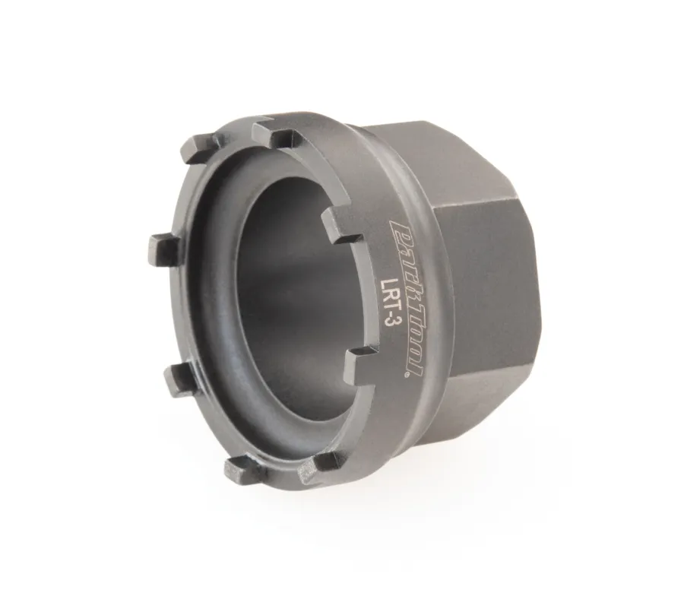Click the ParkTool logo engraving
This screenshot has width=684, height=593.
tap(405, 299)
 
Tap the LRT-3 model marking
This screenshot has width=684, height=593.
tap(385, 302)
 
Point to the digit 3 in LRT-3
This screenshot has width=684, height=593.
tap(385, 319)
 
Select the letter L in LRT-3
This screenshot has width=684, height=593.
tap(385, 284)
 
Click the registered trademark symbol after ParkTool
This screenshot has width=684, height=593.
tap(408, 375)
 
